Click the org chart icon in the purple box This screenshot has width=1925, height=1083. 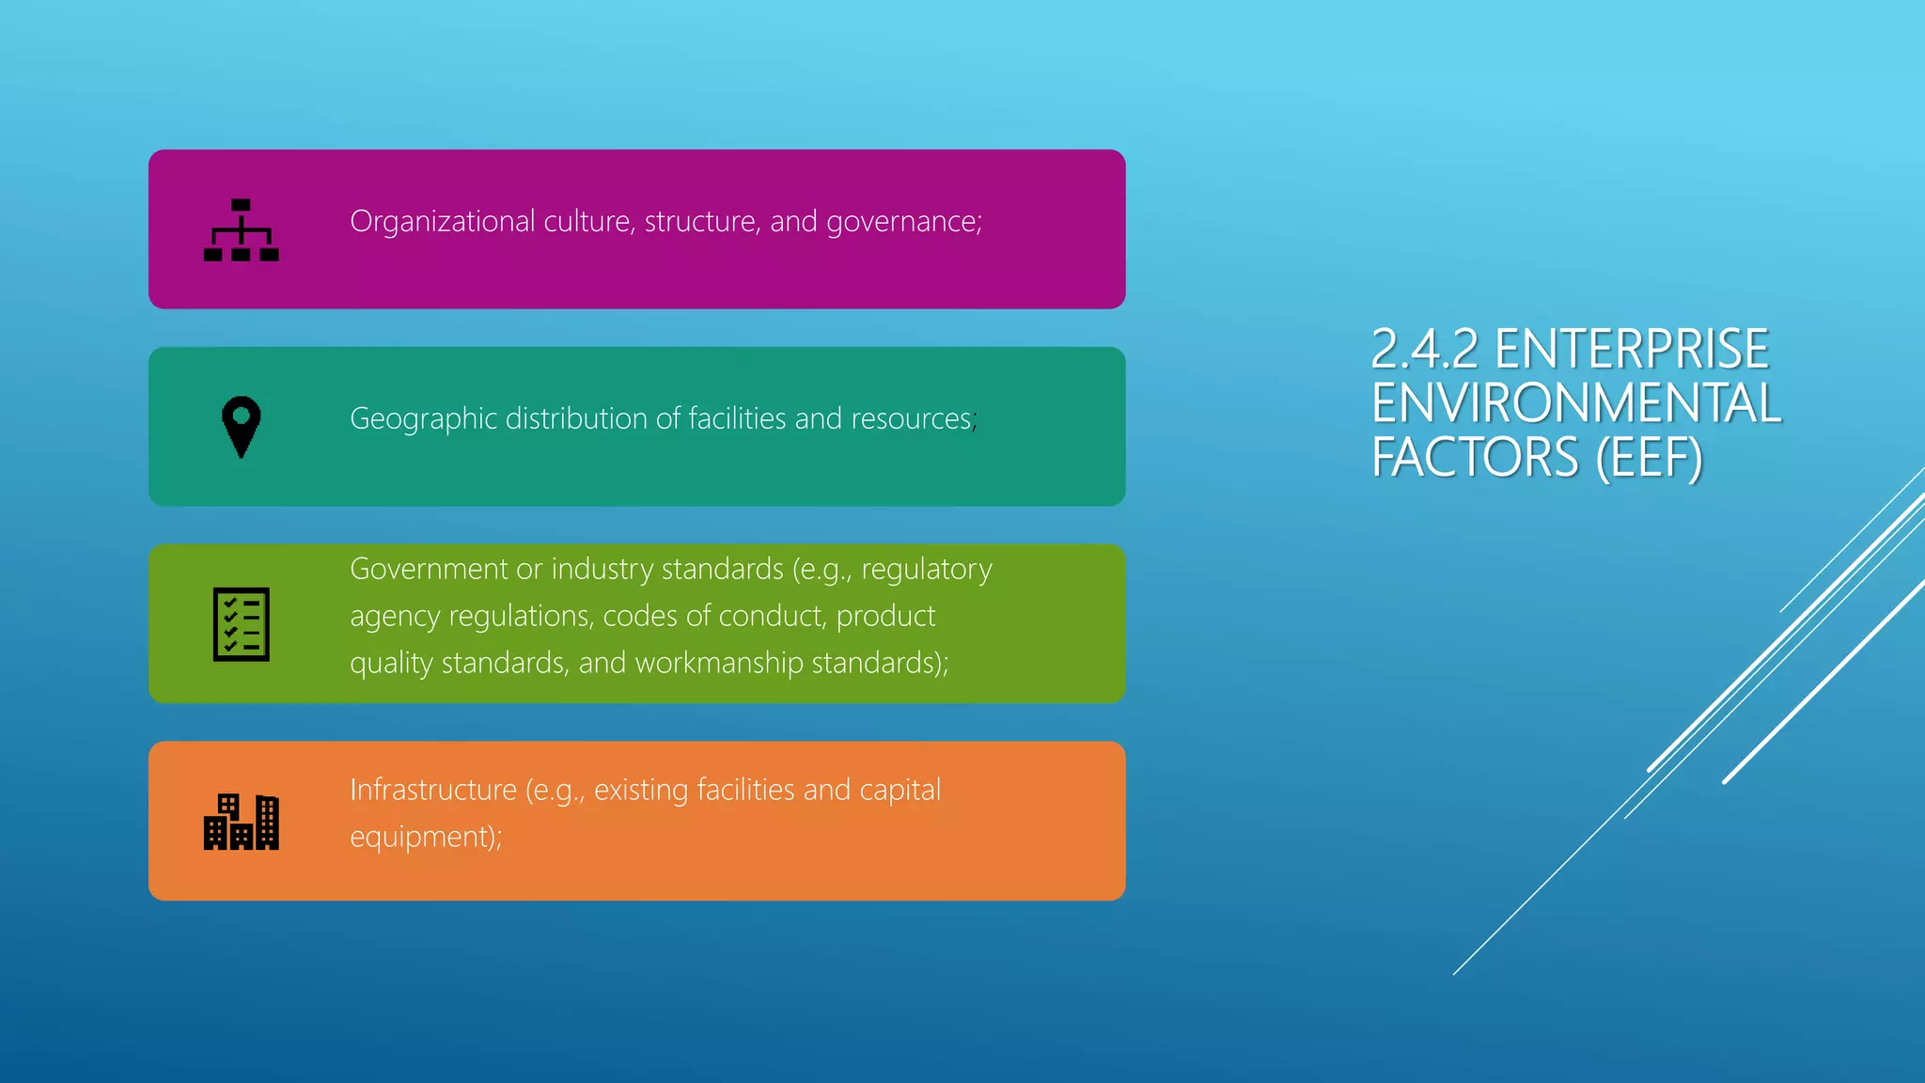(242, 230)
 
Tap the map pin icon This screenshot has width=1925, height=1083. (242, 426)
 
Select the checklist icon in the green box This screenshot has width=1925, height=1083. (242, 624)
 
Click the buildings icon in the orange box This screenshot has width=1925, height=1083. (242, 822)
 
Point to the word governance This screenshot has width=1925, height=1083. (902, 222)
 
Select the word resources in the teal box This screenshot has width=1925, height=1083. (911, 419)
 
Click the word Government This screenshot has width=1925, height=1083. (429, 570)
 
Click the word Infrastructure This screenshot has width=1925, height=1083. (433, 790)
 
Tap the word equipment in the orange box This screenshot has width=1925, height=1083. (420, 837)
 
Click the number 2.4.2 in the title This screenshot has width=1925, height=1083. (1425, 350)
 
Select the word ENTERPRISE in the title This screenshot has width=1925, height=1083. (1632, 350)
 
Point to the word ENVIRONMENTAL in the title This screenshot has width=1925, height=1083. (1576, 403)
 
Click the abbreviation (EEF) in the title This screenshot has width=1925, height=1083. (1650, 458)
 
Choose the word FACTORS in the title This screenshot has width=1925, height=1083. (1475, 458)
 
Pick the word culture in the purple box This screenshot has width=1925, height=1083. (587, 222)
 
